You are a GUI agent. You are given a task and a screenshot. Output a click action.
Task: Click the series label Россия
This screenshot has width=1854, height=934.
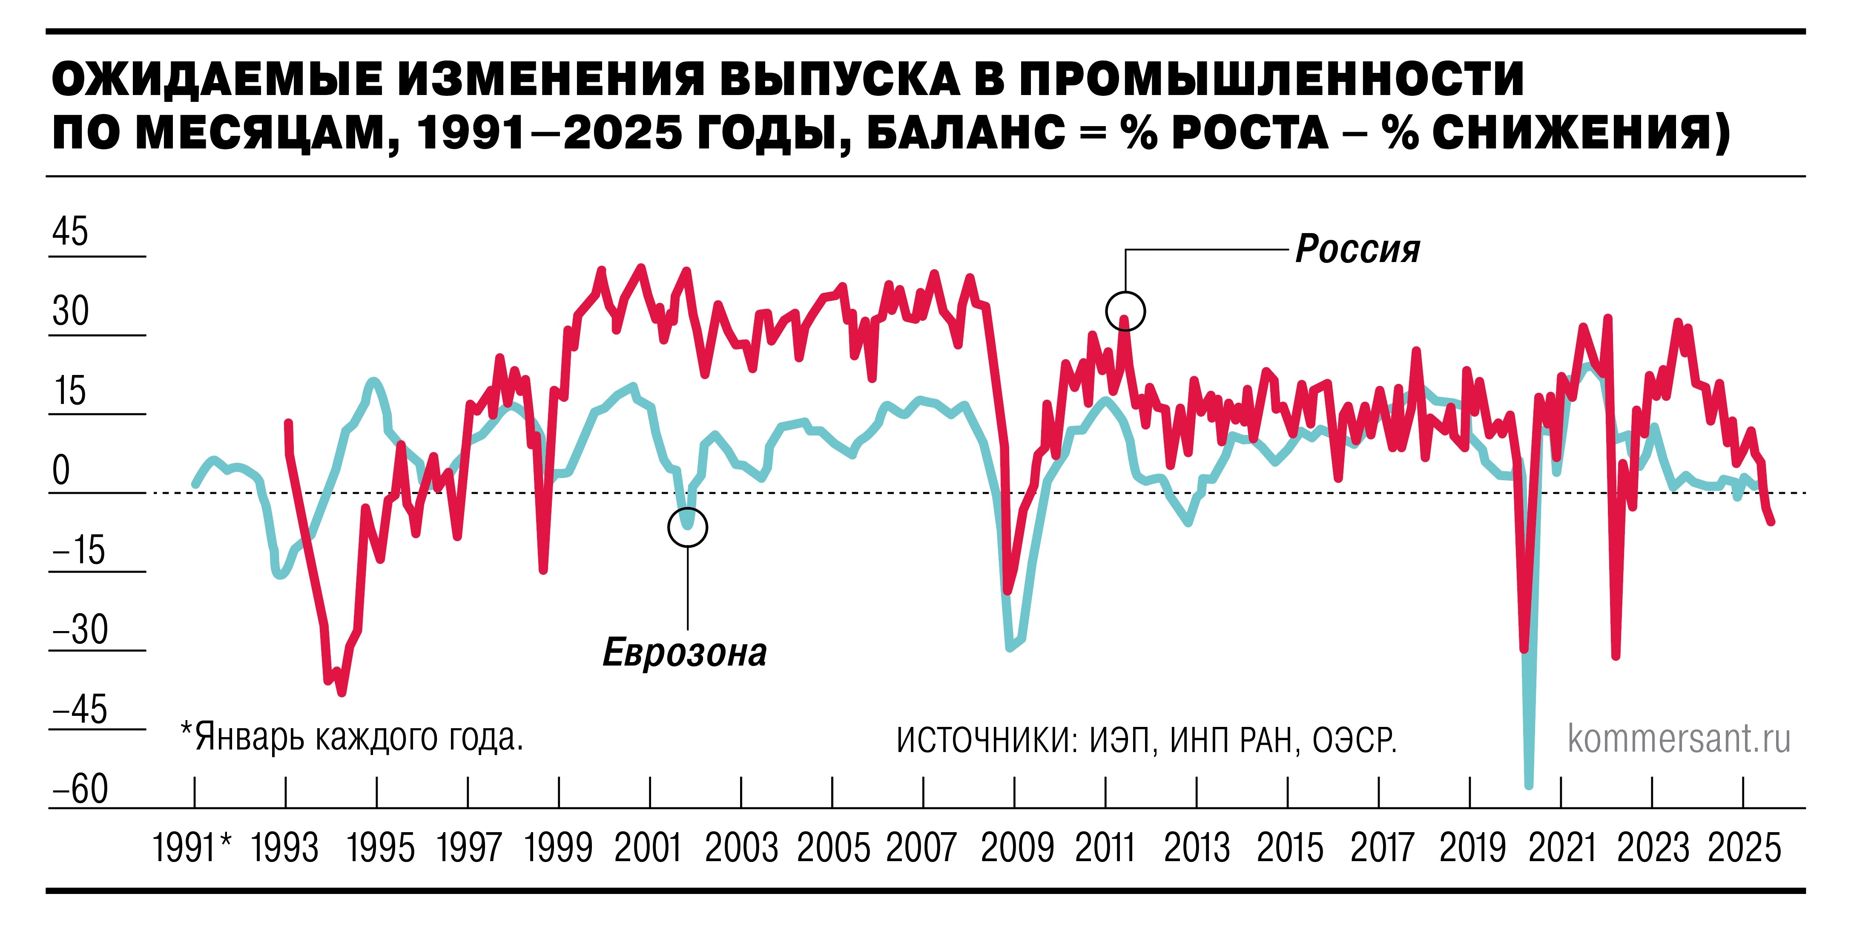point(1357,249)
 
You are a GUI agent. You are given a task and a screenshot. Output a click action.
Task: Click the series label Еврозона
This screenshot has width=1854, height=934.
point(684,652)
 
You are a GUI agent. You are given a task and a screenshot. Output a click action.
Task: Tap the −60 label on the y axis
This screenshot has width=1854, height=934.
point(80,789)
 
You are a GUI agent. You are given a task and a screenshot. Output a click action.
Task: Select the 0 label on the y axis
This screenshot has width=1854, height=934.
point(61,470)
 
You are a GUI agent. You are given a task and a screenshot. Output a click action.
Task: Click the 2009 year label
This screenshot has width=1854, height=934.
point(1016,847)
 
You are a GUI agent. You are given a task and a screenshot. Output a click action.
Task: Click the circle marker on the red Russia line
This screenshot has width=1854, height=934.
point(1125,311)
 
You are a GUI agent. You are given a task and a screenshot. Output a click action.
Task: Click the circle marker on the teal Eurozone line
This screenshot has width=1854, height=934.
point(687,527)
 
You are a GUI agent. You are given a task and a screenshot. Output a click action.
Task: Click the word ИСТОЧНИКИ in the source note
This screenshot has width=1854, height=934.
point(984,740)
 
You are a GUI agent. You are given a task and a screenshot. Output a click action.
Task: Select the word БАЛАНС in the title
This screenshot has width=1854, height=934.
point(965,133)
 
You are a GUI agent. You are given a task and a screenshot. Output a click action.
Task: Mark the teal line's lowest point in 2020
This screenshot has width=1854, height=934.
point(1529,785)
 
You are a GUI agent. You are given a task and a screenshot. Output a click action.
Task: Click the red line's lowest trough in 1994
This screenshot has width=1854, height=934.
point(342,693)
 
